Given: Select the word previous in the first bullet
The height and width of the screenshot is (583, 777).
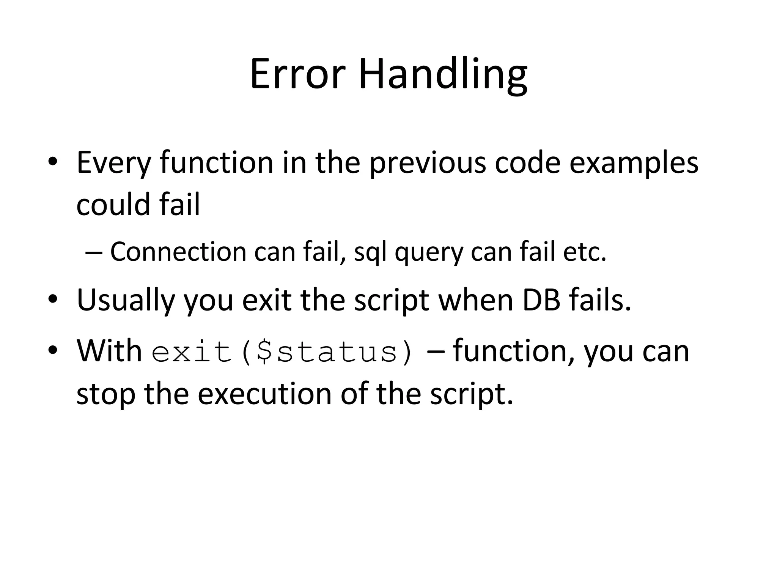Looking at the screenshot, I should coord(428,163).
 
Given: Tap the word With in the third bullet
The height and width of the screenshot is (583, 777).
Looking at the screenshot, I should coord(109,351).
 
